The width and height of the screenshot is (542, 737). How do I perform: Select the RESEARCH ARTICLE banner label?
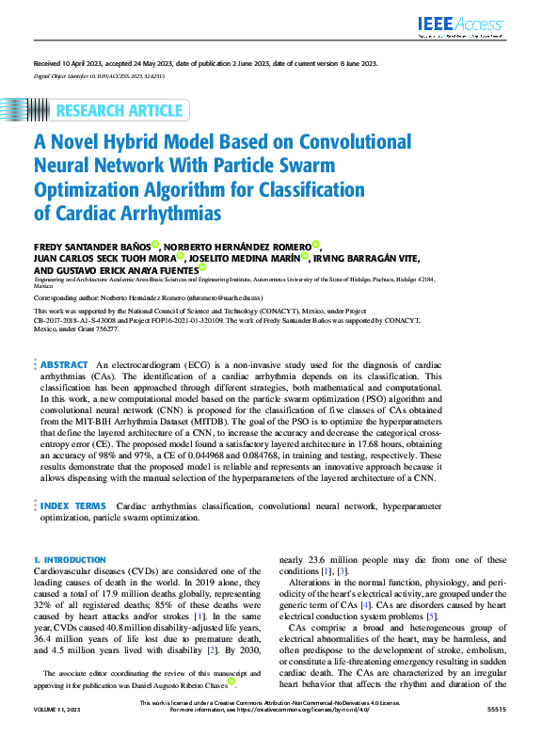click(x=120, y=111)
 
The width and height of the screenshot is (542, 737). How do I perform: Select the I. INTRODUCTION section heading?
click(x=70, y=559)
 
